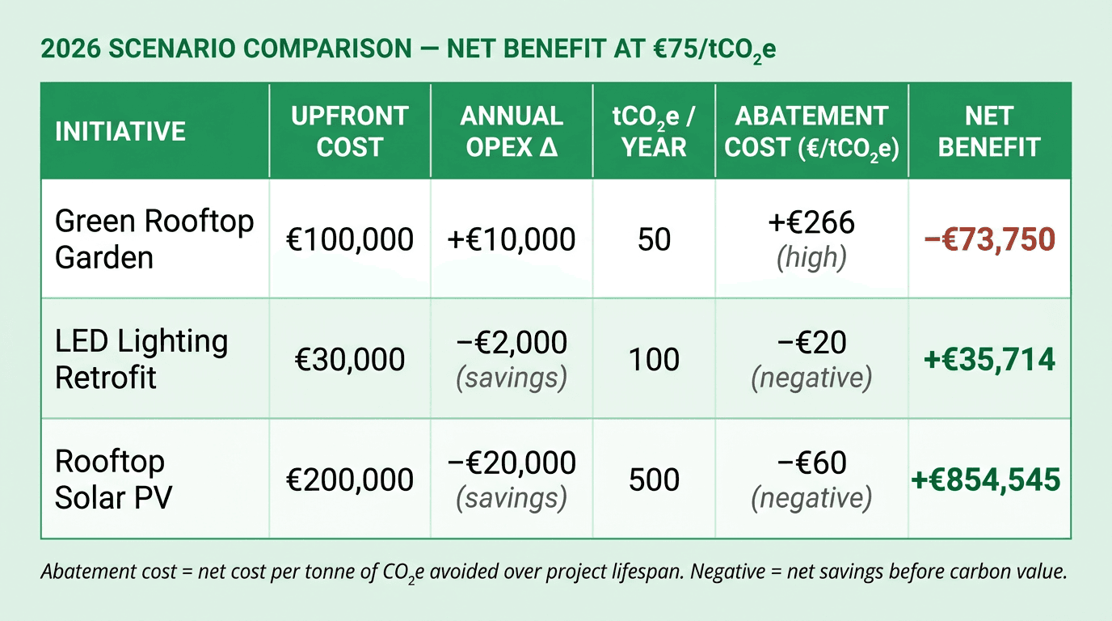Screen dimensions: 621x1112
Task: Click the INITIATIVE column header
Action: [120, 131]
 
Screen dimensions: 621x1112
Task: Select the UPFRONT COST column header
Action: [349, 131]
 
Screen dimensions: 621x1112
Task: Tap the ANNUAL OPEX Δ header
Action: [512, 131]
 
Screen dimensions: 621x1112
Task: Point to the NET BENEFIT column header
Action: [988, 131]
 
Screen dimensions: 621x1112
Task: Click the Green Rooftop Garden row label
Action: [154, 239]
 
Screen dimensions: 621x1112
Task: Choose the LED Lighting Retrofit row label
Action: [141, 359]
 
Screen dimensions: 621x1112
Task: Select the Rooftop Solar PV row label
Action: [113, 479]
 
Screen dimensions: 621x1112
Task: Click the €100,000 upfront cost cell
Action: [350, 239]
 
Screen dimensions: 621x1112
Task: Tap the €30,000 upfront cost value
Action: [350, 359]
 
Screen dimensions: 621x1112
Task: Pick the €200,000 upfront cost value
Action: [350, 479]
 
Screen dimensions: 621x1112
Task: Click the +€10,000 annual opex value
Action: [511, 239]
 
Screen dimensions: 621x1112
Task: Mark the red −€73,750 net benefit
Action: [990, 240]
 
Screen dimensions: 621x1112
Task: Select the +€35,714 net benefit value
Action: [989, 359]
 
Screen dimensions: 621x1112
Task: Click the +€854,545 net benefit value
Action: [986, 479]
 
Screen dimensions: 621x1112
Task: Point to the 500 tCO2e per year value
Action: [654, 479]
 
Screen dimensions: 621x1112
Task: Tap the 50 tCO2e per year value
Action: [654, 239]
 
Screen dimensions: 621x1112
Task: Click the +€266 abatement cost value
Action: [811, 222]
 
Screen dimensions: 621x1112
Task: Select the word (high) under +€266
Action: [811, 257]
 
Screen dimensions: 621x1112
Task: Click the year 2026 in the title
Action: [69, 49]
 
